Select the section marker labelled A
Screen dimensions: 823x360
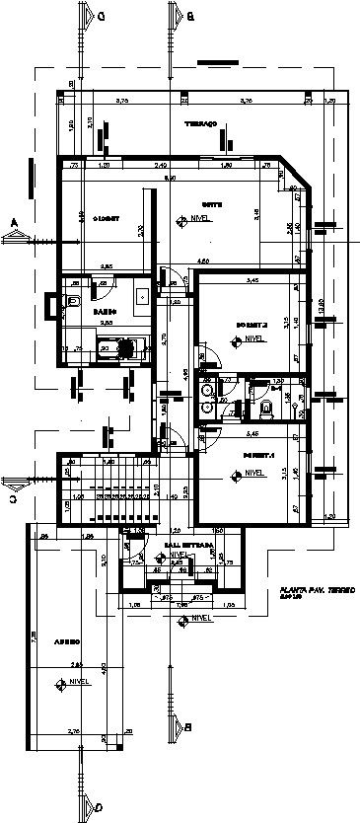coord(14,222)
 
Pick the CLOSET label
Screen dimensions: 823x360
coord(106,218)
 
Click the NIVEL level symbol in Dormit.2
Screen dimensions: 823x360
coord(234,339)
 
